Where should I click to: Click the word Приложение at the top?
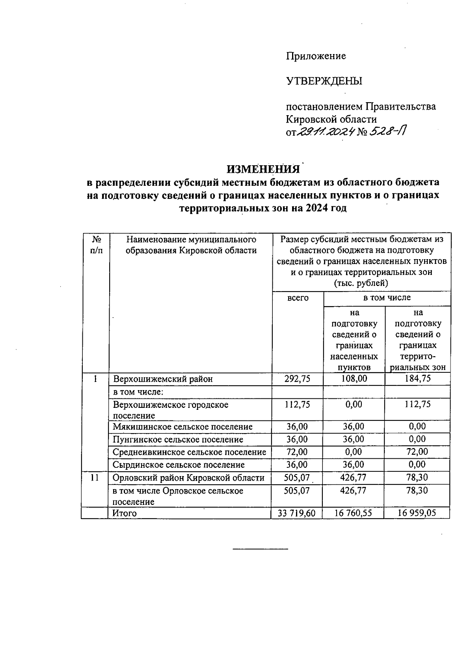[316, 56]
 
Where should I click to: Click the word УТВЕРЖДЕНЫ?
[324, 81]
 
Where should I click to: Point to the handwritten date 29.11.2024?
[324, 132]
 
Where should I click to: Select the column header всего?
[298, 298]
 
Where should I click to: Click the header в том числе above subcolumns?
[387, 297]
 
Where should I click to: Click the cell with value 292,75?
[297, 379]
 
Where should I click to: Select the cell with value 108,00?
[354, 379]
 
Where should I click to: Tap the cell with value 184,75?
[417, 379]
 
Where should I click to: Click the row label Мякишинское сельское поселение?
[182, 427]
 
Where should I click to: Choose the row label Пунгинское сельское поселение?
[178, 439]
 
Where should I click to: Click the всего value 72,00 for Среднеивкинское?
[297, 452]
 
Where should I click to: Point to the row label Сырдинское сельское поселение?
[179, 465]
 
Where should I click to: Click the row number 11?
[95, 478]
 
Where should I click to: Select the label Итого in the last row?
[125, 513]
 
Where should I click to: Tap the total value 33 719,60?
[297, 513]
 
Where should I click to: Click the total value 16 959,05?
[417, 513]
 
